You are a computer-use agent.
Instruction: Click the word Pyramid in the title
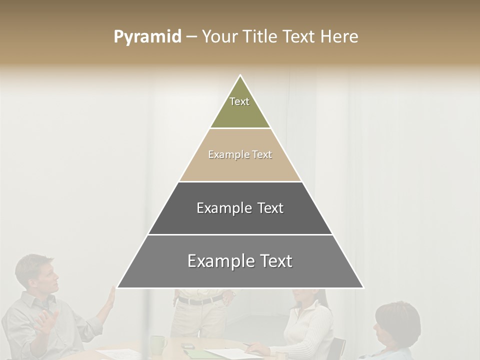pos(147,37)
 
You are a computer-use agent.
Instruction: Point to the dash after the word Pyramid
pos(191,37)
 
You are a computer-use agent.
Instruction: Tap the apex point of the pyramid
pos(240,76)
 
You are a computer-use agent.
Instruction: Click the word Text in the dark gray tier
pos(271,208)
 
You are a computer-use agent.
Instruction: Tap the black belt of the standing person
pos(200,300)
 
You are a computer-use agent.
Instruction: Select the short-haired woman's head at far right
pos(397,320)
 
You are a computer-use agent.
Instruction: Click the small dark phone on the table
pos(188,346)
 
